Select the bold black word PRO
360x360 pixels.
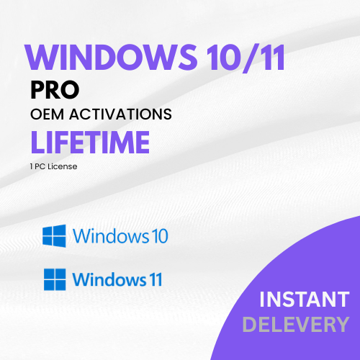(x=55, y=90)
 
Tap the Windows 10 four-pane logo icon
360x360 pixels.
(x=55, y=235)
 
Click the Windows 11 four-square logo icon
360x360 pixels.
(x=55, y=278)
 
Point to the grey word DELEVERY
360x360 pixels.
(x=296, y=324)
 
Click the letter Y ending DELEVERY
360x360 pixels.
(x=342, y=324)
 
